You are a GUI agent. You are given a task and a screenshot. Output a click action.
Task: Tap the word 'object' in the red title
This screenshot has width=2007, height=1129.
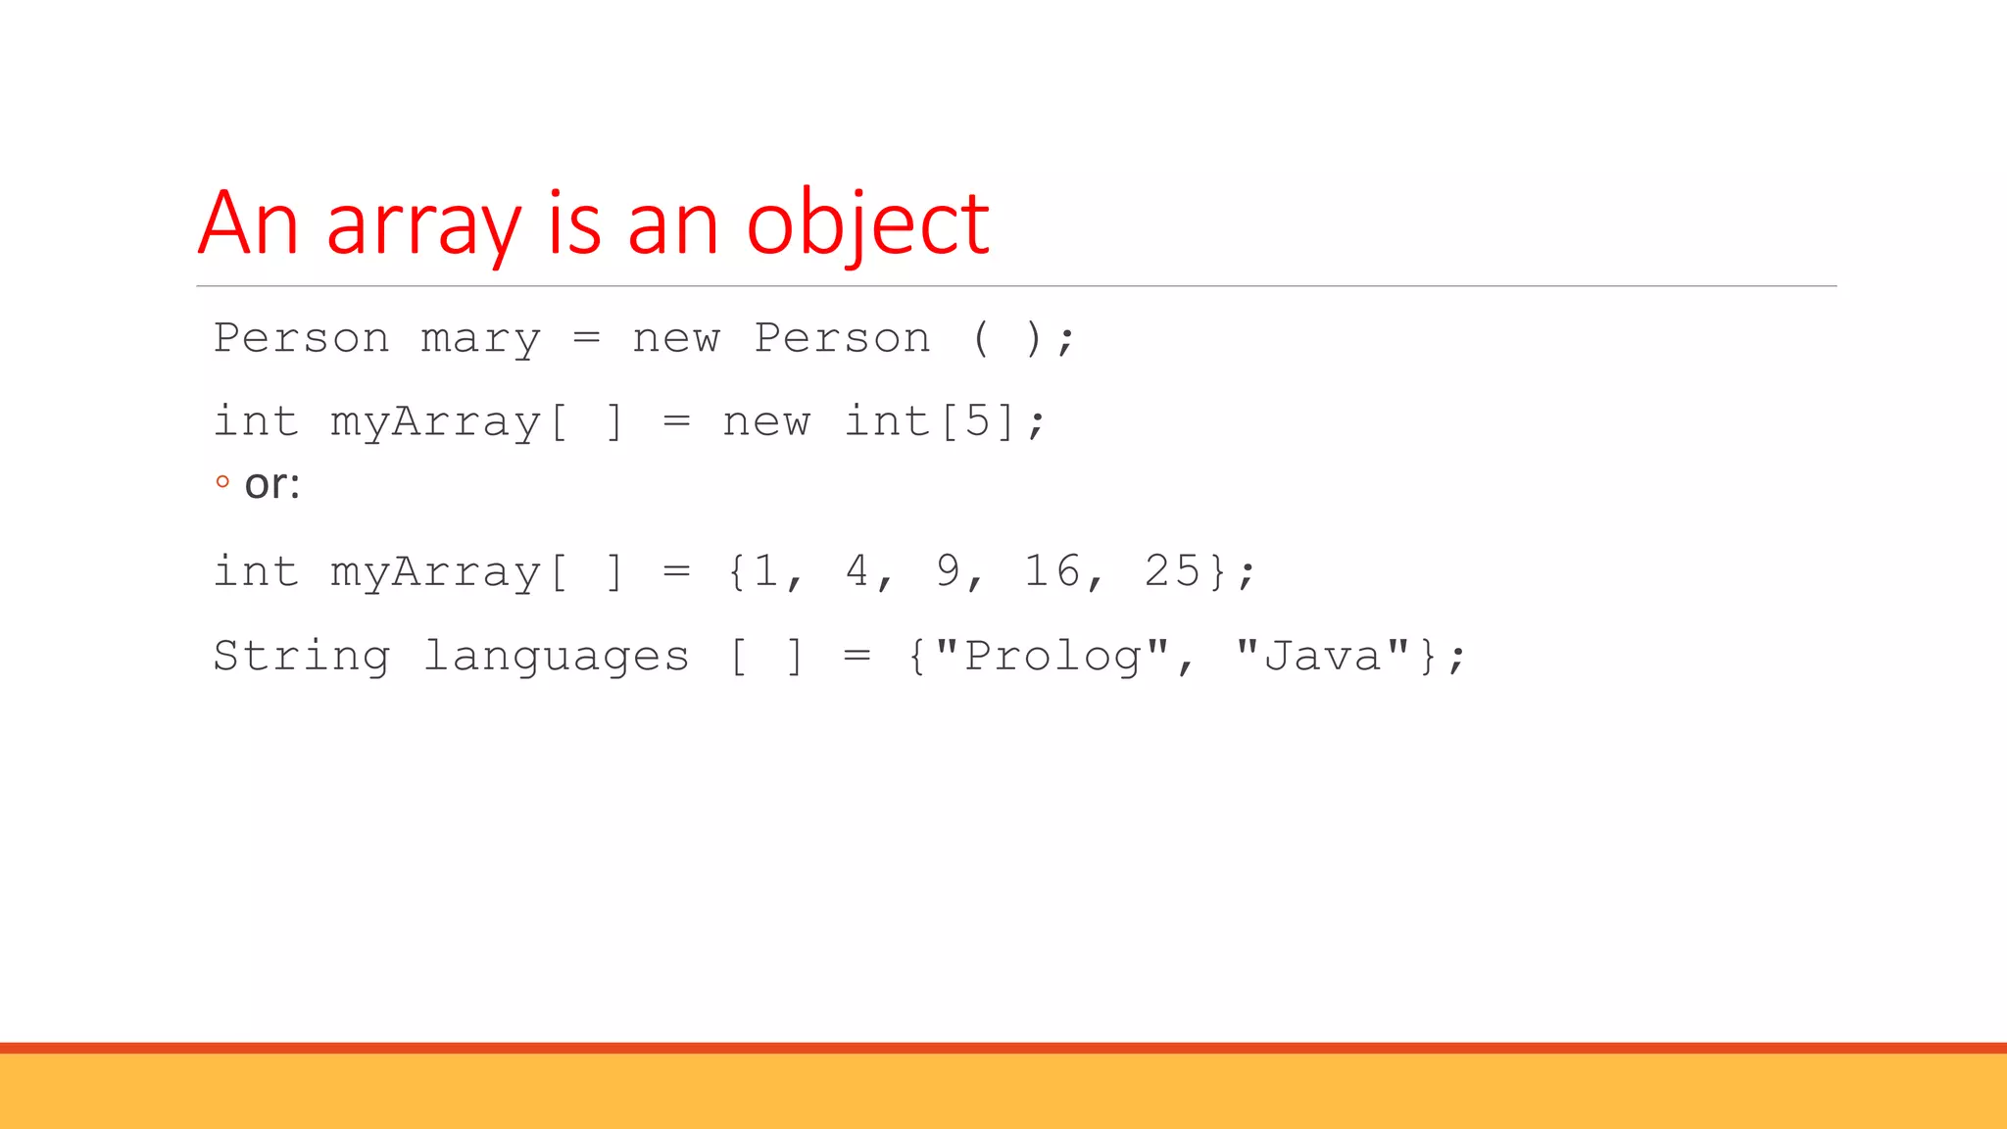click(867, 225)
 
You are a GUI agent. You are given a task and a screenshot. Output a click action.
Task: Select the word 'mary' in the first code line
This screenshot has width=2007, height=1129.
click(480, 339)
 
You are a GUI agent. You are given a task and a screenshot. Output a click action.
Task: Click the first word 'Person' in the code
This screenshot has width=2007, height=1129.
click(302, 338)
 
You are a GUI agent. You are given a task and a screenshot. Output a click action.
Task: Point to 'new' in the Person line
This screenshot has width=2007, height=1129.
click(676, 339)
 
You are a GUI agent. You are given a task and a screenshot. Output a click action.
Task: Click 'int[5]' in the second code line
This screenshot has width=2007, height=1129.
click(931, 422)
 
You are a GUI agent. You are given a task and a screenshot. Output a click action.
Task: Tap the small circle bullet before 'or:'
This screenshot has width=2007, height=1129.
click(222, 481)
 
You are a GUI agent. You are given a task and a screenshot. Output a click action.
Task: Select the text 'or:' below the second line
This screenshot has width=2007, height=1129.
click(271, 484)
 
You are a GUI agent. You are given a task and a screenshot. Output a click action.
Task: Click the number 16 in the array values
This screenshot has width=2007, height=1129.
click(1052, 571)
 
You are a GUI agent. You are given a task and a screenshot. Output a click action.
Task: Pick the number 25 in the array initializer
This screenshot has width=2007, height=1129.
click(1172, 571)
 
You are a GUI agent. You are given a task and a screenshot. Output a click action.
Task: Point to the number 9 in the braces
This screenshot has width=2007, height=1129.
click(948, 571)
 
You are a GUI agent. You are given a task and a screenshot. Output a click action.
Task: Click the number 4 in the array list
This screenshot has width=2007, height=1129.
click(857, 571)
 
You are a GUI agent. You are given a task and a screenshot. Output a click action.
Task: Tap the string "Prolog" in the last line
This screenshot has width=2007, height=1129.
click(1052, 656)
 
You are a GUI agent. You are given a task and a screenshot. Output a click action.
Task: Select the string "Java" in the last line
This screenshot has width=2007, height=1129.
click(1322, 656)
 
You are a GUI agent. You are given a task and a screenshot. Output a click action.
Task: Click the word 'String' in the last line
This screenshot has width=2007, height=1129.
click(302, 656)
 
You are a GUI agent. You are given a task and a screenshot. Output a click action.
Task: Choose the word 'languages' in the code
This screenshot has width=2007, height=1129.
click(557, 657)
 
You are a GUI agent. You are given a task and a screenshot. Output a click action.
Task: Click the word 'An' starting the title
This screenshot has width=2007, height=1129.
click(248, 225)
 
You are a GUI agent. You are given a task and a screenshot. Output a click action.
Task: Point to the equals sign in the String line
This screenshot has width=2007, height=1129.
click(857, 656)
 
